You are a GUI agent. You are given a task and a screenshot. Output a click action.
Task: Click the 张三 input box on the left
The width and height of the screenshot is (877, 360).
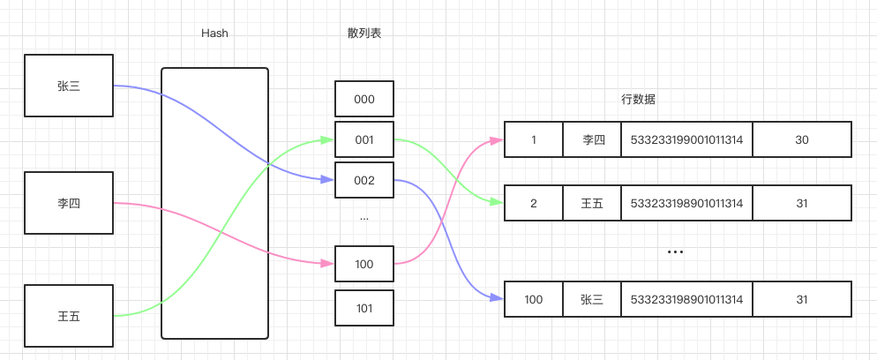click(69, 86)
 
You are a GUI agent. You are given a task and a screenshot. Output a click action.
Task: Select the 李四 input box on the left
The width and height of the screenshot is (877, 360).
click(69, 203)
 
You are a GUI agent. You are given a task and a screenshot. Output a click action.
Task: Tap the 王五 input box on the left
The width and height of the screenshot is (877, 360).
click(69, 315)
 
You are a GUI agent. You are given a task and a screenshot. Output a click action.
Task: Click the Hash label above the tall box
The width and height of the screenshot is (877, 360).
click(214, 34)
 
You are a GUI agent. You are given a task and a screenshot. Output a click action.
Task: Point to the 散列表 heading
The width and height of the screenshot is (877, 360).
click(364, 34)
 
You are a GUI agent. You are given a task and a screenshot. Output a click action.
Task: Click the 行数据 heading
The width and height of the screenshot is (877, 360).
click(638, 99)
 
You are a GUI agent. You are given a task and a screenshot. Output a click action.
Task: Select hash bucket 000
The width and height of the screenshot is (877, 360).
click(364, 99)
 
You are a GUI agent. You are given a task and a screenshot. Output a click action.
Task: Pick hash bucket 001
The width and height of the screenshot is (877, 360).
click(364, 139)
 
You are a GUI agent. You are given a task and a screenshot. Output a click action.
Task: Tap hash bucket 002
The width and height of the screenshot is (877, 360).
click(364, 180)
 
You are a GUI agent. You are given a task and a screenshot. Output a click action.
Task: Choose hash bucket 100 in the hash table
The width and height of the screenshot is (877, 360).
click(364, 264)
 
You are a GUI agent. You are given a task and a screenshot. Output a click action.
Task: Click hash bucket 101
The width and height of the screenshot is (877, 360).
click(364, 308)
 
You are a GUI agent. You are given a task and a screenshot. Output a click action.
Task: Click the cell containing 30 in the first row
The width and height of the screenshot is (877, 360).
click(801, 139)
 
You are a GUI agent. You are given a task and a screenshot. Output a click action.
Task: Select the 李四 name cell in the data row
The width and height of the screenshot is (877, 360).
click(592, 139)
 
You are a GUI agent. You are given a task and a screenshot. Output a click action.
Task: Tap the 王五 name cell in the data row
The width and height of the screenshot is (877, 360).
click(592, 203)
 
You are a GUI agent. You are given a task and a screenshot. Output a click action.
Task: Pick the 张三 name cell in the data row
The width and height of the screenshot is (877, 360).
click(592, 299)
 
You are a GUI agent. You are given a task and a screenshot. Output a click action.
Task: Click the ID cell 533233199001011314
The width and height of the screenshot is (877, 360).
click(686, 139)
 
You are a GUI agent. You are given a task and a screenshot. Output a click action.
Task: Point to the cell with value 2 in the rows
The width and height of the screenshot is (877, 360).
click(533, 203)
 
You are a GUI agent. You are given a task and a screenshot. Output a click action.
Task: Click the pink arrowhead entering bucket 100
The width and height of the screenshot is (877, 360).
click(329, 264)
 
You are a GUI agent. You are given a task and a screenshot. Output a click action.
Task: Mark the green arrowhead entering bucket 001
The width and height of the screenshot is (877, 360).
click(329, 139)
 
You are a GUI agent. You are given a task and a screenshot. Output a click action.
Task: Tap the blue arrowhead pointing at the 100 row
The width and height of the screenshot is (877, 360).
click(498, 299)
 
